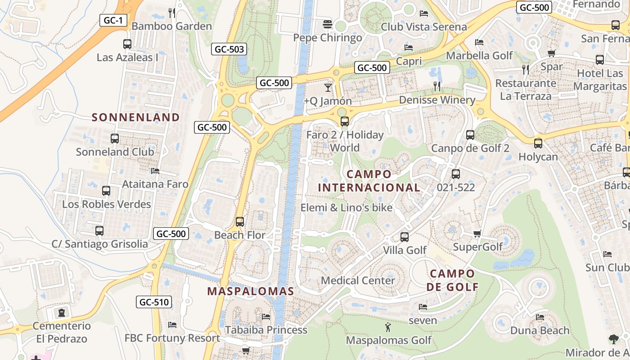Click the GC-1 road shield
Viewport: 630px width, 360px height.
pyautogui.click(x=113, y=20)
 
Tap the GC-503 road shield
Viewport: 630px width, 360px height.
pyautogui.click(x=229, y=49)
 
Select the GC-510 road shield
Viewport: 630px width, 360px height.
pyautogui.click(x=154, y=302)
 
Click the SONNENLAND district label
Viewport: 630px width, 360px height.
pyautogui.click(x=136, y=117)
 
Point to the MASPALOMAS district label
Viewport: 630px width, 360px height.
pyautogui.click(x=251, y=291)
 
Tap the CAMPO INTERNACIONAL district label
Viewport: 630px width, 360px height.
pyautogui.click(x=369, y=181)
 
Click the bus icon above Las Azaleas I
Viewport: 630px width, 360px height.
pyautogui.click(x=127, y=44)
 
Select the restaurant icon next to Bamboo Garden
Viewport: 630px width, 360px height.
pyautogui.click(x=171, y=13)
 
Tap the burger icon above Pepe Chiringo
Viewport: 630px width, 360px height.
pyautogui.click(x=328, y=24)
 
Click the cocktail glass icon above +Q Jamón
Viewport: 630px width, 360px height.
pyautogui.click(x=328, y=87)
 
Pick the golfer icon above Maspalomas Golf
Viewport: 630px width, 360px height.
pyautogui.click(x=388, y=327)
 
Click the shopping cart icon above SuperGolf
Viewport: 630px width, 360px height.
pyautogui.click(x=477, y=234)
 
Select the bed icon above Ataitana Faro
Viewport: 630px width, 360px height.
pyautogui.click(x=155, y=171)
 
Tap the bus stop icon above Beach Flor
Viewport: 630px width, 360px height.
pyautogui.click(x=240, y=221)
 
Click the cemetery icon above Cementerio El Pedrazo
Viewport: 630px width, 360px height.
pyautogui.click(x=62, y=312)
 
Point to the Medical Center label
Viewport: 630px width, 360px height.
pyautogui.click(x=358, y=280)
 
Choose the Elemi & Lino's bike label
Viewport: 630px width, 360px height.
pyautogui.click(x=346, y=207)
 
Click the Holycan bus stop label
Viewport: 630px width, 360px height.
pyautogui.click(x=538, y=157)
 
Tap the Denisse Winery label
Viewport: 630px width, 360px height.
pyautogui.click(x=437, y=100)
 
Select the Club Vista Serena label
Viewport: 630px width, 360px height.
pyautogui.click(x=424, y=27)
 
